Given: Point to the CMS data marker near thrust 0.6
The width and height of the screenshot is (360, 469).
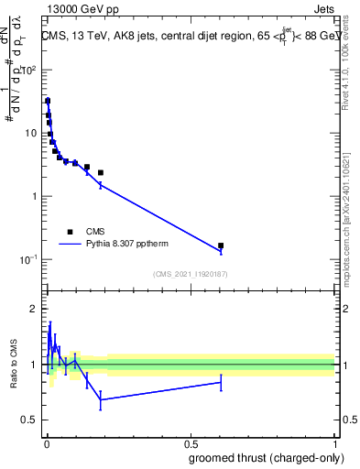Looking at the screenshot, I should tap(221, 245).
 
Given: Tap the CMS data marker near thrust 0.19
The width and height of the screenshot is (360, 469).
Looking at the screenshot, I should tap(101, 172).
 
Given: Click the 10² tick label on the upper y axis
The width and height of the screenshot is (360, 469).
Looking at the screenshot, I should tap(30, 70).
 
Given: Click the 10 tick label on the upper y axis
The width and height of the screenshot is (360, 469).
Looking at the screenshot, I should tap(30, 133).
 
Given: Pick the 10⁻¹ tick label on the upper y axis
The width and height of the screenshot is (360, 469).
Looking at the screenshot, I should tap(29, 259).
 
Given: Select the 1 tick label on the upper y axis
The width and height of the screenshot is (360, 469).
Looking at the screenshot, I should tap(33, 196).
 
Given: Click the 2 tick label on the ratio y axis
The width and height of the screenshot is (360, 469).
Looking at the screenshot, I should tap(33, 309).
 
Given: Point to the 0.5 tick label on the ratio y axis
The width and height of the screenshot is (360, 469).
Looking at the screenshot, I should tap(29, 420).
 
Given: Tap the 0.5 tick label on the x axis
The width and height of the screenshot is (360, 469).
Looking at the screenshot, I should tap(190, 443).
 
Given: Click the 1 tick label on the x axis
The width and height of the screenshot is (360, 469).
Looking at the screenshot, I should tap(334, 443).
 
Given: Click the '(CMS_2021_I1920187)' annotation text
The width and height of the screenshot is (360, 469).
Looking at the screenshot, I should tap(191, 273).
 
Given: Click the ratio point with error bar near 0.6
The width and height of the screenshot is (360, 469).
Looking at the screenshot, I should tap(221, 382).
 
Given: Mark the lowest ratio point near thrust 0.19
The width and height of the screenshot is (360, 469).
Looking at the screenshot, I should tap(101, 399).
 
